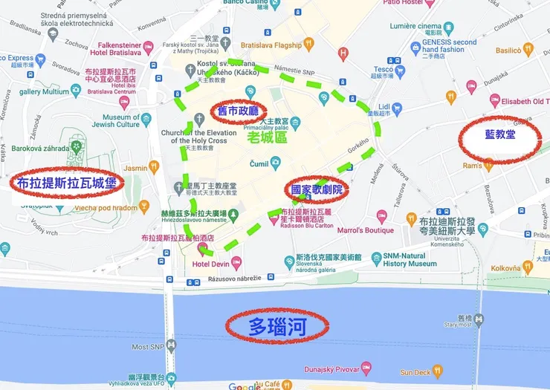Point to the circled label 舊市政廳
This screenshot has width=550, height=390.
[x=238, y=111]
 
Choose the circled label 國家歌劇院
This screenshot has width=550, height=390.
[x=317, y=190]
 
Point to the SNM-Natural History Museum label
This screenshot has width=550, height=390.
[x=410, y=259]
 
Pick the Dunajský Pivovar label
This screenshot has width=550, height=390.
[x=332, y=369]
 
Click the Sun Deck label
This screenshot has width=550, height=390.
[x=415, y=372]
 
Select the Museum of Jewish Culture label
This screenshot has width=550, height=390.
[x=121, y=121]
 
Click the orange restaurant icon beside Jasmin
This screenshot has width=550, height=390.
[x=154, y=168]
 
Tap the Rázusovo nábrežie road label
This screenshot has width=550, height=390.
[x=235, y=279]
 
